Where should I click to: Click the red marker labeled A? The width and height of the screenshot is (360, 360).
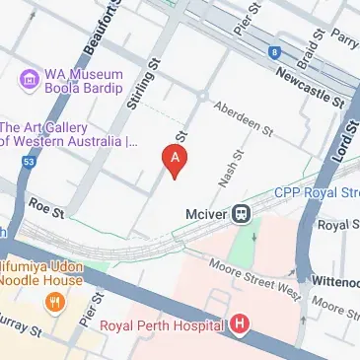click(175, 158)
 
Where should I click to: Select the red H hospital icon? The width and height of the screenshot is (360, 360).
click(239, 324)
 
